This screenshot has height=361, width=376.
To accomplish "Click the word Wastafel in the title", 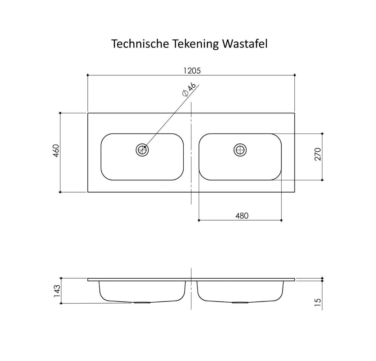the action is [245, 44].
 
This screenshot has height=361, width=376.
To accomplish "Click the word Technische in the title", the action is [140, 44].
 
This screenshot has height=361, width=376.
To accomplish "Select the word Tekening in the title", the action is [195, 44].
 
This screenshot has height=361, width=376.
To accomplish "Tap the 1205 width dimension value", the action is [192, 71].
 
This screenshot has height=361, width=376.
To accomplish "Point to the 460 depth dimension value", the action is [56, 151].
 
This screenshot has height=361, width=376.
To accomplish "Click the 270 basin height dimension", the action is [318, 154].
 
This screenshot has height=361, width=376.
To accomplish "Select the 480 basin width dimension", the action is [242, 216].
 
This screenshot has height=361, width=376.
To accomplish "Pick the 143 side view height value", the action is [57, 291].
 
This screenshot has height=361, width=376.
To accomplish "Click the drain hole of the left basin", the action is [142, 150].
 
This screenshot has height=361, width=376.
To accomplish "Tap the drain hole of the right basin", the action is [240, 150].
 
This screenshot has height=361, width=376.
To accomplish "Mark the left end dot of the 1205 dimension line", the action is [88, 75].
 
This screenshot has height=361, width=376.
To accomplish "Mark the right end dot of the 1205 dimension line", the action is [295, 75].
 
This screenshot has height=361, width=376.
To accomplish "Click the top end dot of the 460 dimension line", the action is [60, 113].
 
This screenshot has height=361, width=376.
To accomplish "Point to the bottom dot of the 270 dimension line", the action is [322, 180].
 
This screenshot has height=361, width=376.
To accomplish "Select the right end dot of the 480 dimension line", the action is [281, 220].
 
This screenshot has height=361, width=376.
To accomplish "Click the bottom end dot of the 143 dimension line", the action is [61, 303].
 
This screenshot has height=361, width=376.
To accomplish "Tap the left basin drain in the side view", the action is [142, 302].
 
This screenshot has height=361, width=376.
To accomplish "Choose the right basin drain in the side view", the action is [240, 302].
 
